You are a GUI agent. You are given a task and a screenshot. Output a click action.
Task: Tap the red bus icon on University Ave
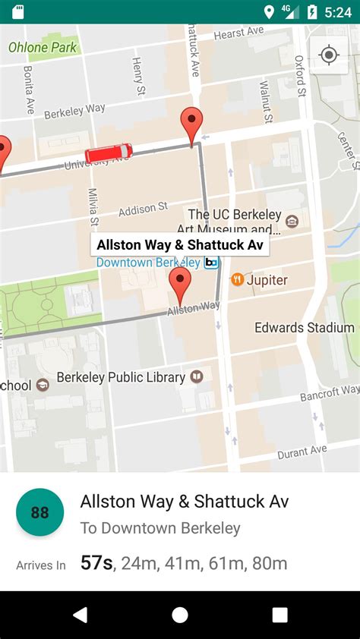(x=108, y=154)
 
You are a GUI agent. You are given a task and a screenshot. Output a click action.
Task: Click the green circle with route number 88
(x=39, y=512)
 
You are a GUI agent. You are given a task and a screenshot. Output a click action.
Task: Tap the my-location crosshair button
(x=329, y=55)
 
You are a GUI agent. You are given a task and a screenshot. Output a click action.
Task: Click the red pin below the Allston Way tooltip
(x=180, y=285)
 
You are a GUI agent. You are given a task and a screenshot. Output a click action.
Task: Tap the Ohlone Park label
(x=43, y=47)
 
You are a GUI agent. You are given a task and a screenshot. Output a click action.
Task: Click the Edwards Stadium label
(x=304, y=328)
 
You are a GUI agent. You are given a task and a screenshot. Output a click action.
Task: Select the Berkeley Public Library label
(x=130, y=377)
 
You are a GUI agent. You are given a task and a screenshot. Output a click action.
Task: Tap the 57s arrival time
(x=96, y=563)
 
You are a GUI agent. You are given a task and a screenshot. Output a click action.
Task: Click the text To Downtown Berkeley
(x=160, y=528)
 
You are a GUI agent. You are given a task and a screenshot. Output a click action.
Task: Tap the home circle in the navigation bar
(x=180, y=615)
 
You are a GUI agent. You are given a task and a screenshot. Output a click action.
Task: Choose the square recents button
(x=279, y=615)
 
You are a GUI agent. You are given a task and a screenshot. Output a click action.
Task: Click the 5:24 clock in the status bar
(x=337, y=12)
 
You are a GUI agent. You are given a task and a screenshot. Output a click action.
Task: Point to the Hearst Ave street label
(x=238, y=34)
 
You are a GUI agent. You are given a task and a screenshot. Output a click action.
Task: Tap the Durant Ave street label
(x=302, y=452)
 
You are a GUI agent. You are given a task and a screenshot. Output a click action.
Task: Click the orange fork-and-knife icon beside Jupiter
(x=237, y=280)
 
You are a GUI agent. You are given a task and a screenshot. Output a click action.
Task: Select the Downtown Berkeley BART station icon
(x=211, y=263)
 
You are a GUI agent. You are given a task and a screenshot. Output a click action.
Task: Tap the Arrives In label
(x=41, y=565)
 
